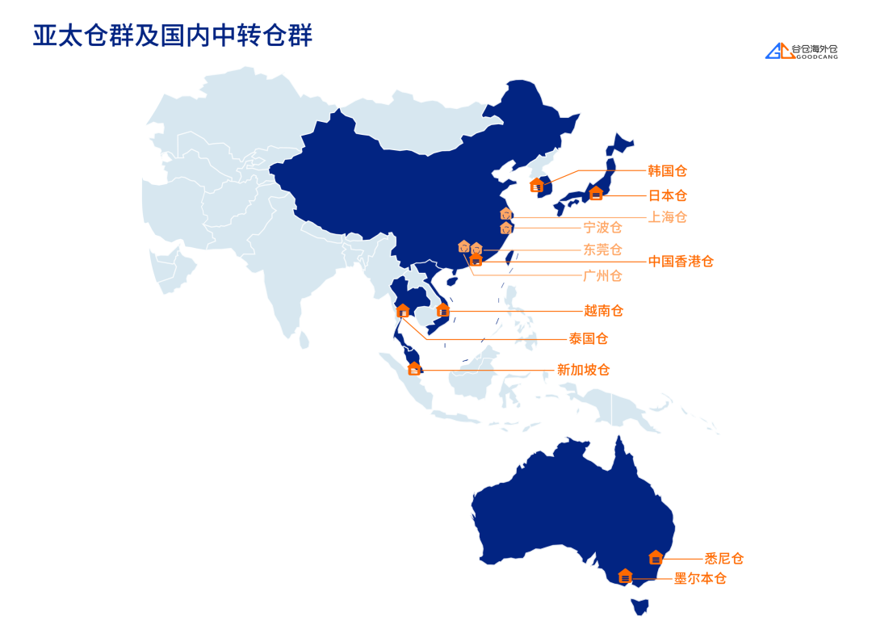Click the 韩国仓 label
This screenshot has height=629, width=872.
[x=667, y=171]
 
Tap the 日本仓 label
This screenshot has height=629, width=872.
[x=667, y=195]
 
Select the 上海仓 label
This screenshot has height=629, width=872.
[x=667, y=216]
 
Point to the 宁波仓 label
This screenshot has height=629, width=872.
[x=602, y=228]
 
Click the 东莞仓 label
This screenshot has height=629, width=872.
[x=602, y=250]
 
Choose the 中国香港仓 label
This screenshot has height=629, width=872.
[x=681, y=262]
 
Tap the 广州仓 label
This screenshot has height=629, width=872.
[x=602, y=276]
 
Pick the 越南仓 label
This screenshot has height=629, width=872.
[x=603, y=311]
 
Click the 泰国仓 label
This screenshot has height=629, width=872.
[x=589, y=338]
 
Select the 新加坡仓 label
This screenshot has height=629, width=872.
[x=583, y=370]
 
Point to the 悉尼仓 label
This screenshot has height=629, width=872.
[x=723, y=558]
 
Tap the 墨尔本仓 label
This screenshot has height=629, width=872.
[x=700, y=578]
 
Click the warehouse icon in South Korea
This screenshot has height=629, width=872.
[x=536, y=186]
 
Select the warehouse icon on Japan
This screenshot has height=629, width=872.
[x=596, y=193]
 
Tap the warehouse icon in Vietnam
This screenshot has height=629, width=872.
[x=442, y=310]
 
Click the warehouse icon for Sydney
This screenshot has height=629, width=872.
[x=656, y=557]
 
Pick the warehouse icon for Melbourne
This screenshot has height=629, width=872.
[x=625, y=577]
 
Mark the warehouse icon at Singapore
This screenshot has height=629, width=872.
[x=414, y=369]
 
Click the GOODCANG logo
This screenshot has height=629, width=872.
[x=802, y=52]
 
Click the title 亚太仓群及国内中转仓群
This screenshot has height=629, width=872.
[x=172, y=36]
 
